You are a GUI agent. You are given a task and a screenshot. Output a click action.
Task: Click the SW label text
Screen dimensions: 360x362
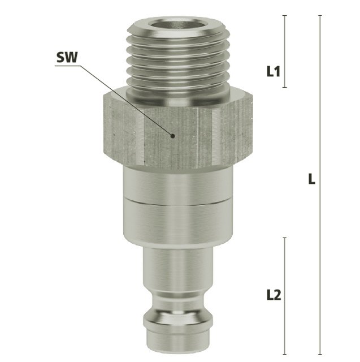click(x=67, y=57)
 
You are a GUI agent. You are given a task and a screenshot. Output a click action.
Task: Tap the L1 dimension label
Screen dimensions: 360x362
click(x=274, y=71)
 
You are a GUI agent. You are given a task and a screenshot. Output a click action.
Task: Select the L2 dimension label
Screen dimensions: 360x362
click(x=274, y=295)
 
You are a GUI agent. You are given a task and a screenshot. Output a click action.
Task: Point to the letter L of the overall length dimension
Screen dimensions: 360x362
click(x=311, y=179)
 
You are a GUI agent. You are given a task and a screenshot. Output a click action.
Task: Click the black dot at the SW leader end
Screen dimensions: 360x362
click(x=172, y=136)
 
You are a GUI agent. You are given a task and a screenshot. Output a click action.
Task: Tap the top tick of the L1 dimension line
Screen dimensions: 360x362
click(x=285, y=15)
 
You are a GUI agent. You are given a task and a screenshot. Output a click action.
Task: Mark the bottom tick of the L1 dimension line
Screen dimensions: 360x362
click(x=285, y=87)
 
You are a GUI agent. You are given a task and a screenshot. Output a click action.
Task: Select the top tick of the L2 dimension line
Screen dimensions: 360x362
click(x=285, y=238)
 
